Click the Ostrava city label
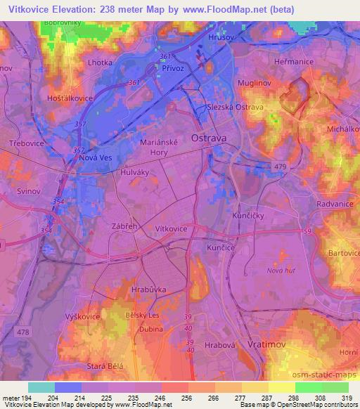coord(210,138)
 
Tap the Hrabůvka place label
coord(148,288)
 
